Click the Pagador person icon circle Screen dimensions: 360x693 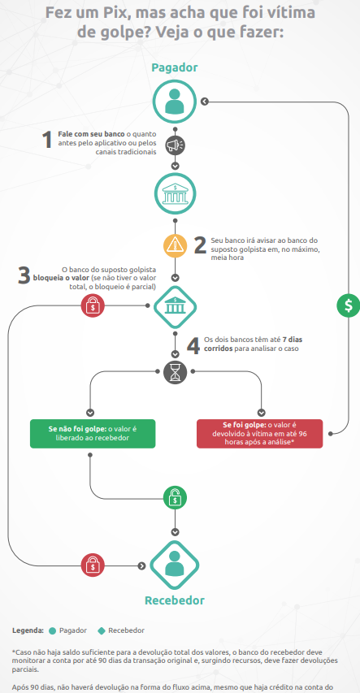point(175,102)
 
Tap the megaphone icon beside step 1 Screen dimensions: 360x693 point(176,145)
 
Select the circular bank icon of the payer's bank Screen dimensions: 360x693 point(176,193)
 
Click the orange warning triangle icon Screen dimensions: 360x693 point(176,245)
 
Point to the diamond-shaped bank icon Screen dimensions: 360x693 point(175,307)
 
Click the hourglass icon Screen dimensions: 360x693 point(176,372)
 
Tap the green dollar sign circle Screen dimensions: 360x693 point(349,305)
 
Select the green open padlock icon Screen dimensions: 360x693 point(176,498)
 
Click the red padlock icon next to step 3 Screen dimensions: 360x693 point(93,305)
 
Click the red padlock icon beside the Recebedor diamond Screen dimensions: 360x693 point(93,565)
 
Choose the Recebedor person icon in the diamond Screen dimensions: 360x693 point(175,565)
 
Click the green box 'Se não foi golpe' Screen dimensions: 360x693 point(93,434)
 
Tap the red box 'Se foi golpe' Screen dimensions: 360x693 point(259,434)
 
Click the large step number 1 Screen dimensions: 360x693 point(47,141)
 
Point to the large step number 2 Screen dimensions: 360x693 point(201,245)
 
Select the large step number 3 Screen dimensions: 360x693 point(24,275)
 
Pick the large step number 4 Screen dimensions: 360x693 point(193,346)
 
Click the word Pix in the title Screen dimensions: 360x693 point(114,12)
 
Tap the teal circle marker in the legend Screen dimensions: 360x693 point(53,630)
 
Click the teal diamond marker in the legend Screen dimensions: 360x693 point(102,630)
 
